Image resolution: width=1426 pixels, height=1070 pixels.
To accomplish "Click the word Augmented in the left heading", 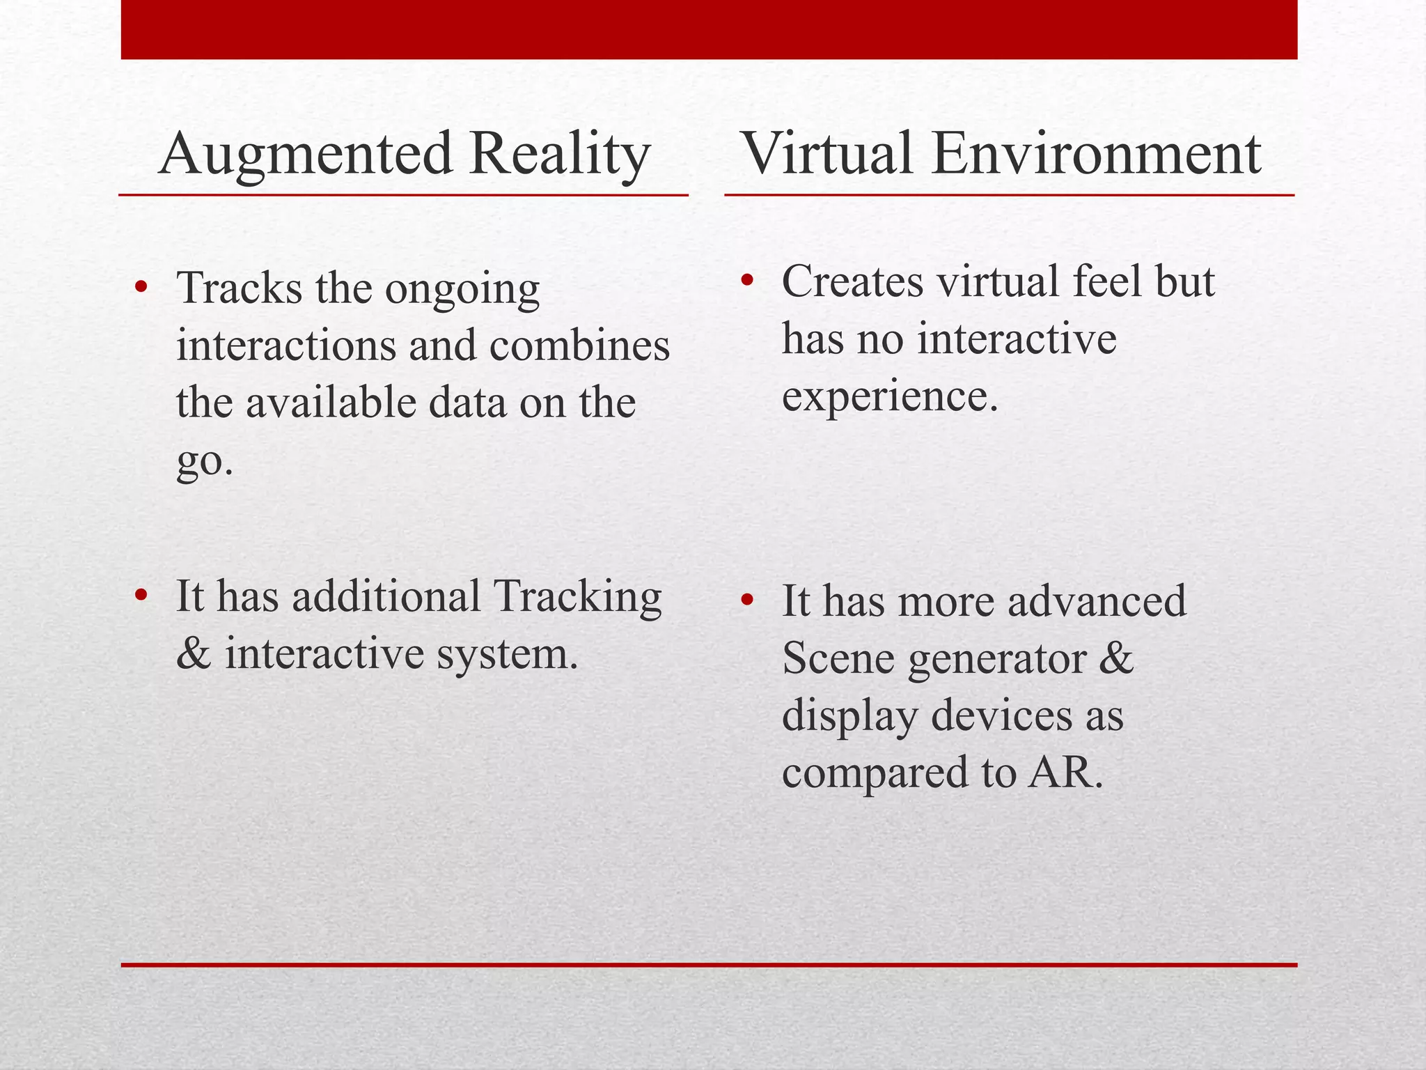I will click(x=306, y=155).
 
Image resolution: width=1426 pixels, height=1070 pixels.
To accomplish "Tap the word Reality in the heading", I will click(x=559, y=155).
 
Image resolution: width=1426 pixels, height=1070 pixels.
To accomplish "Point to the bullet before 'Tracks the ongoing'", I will click(x=141, y=286).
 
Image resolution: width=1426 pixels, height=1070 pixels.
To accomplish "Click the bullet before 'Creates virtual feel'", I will click(x=748, y=281).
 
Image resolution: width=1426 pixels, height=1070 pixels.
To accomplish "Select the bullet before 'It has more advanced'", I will click(x=748, y=600).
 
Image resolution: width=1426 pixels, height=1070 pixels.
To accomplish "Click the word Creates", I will click(x=852, y=281).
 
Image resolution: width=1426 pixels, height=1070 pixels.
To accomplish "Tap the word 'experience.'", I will click(x=890, y=397).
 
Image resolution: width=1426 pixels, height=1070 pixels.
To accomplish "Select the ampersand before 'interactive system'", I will click(x=194, y=653).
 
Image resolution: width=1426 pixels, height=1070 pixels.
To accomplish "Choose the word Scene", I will click(x=838, y=658).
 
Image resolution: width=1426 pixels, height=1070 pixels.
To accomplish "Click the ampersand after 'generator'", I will click(x=1116, y=658).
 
